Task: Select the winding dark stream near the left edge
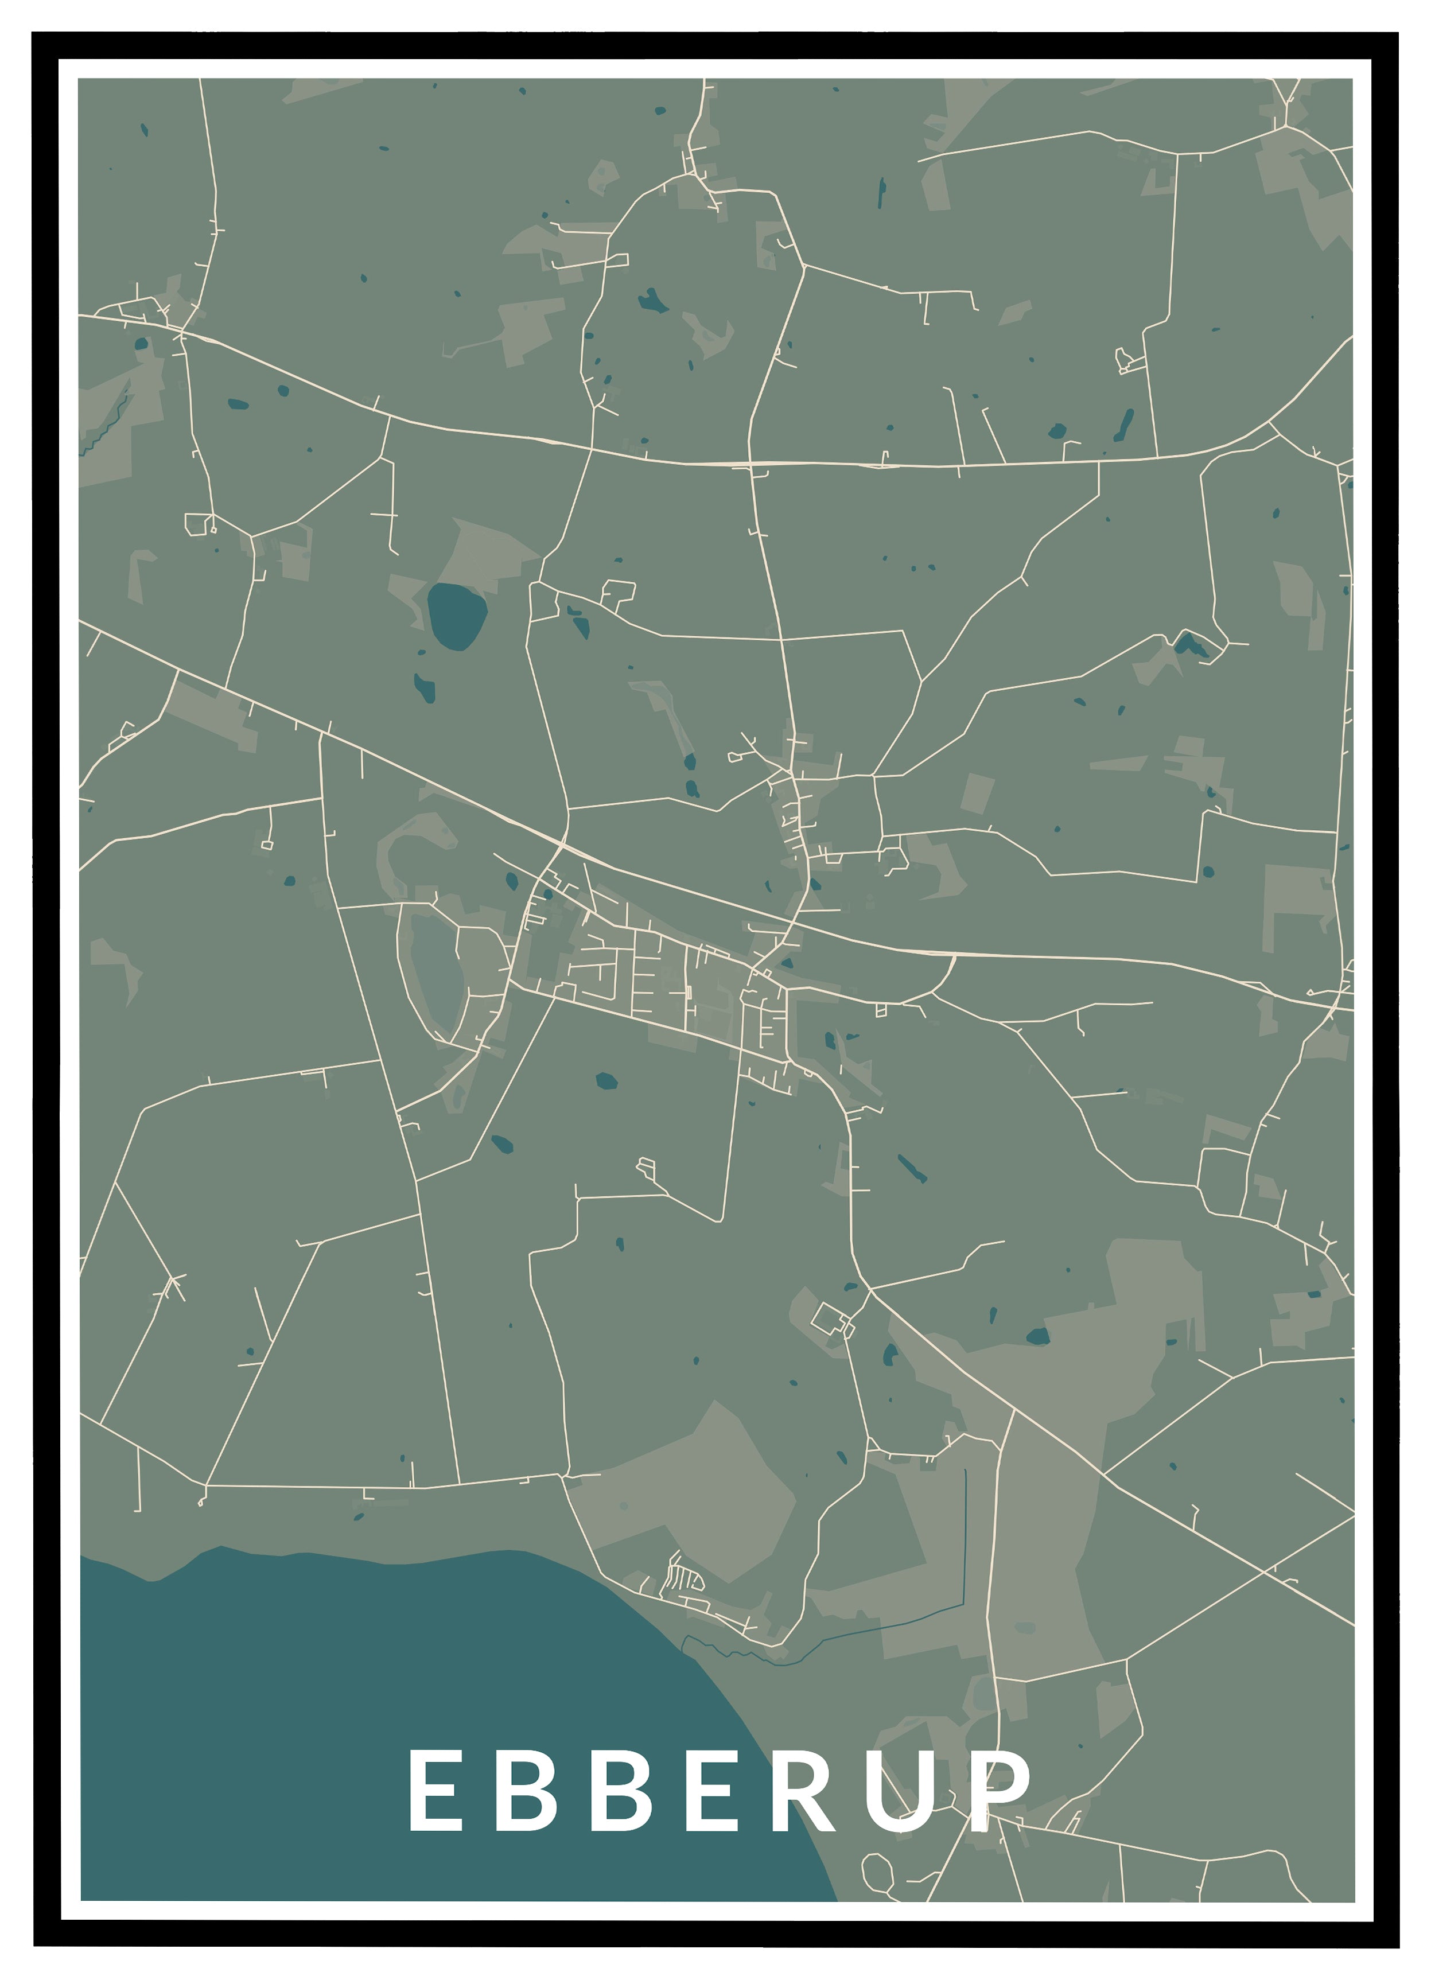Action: tap(109, 423)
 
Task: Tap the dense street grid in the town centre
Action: tap(663, 978)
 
